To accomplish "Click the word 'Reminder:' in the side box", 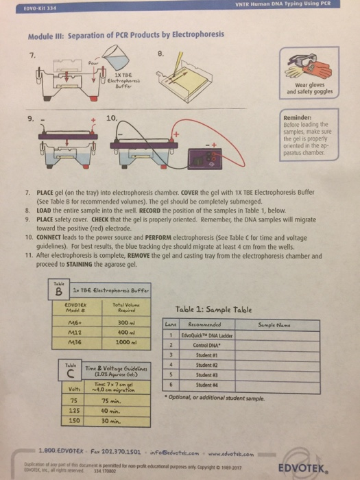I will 303,117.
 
